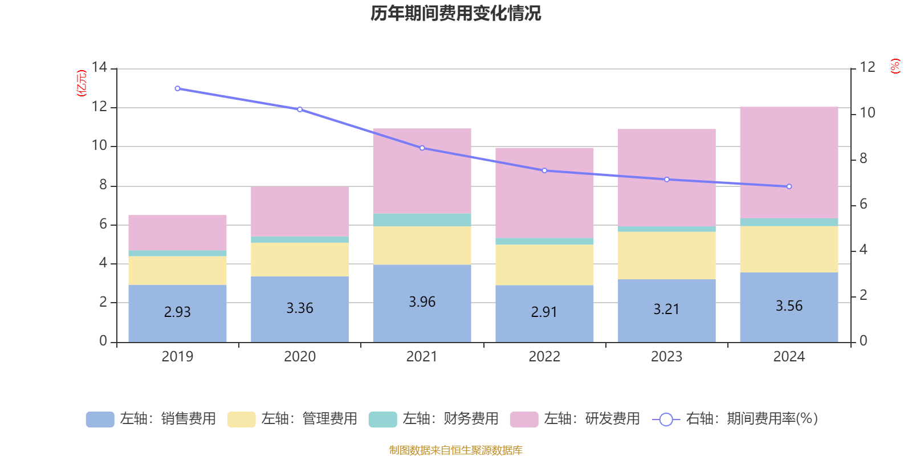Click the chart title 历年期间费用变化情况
coord(455,13)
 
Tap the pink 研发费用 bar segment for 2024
coord(789,162)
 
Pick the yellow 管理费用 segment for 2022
coord(544,264)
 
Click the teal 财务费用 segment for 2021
coord(422,220)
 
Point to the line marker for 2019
coord(177,89)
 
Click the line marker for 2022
coord(544,170)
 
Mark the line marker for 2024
coord(789,186)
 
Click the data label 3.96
coord(422,302)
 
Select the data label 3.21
coord(666,310)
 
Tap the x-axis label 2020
coord(300,357)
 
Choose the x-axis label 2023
coord(666,357)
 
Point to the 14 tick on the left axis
coord(100,67)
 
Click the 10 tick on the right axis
coord(867,113)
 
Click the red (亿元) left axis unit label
coord(82,83)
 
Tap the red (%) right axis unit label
coord(895,66)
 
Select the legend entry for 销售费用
coord(151,419)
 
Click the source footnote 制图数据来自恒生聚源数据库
coord(455,450)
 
